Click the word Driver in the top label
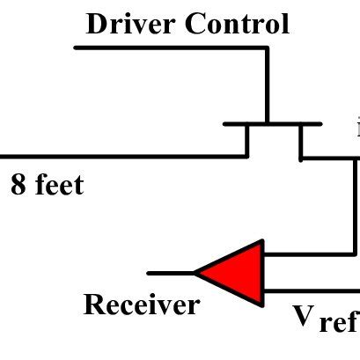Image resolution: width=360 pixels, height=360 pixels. click(131, 24)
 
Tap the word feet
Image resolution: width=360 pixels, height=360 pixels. click(59, 186)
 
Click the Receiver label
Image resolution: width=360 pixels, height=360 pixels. click(141, 305)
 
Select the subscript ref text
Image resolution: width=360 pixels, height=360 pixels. click(338, 323)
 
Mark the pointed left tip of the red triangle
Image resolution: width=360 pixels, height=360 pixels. click(197, 273)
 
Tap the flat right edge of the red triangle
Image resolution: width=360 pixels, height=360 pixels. click(262, 273)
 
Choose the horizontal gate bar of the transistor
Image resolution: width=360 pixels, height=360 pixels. click(273, 124)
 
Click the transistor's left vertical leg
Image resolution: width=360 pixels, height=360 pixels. click(247, 141)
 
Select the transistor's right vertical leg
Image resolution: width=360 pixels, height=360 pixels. click(300, 142)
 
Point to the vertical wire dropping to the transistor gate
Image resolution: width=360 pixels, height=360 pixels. click(266, 84)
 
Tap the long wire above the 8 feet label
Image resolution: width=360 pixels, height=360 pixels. click(123, 157)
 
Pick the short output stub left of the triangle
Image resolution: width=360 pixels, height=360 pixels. click(171, 273)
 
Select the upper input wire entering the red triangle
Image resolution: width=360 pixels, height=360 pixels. click(308, 254)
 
